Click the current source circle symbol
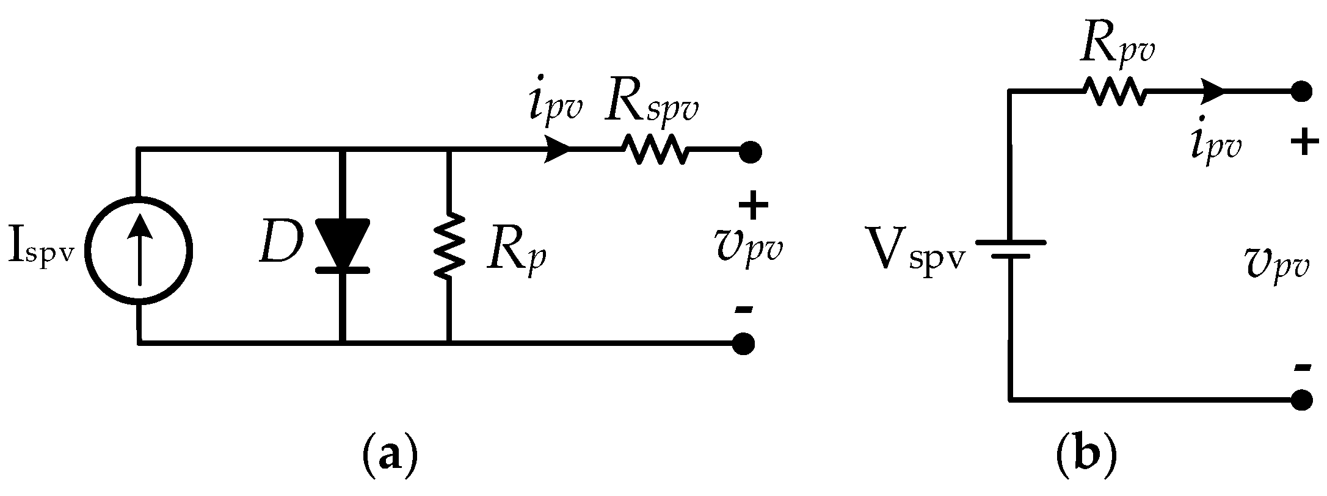pyautogui.click(x=139, y=250)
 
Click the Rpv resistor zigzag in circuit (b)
pyautogui.click(x=1115, y=92)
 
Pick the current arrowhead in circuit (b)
pyautogui.click(x=1213, y=92)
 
